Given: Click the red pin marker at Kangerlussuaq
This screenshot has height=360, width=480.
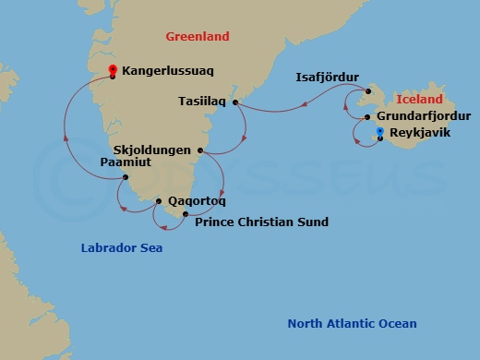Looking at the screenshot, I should coord(113,70).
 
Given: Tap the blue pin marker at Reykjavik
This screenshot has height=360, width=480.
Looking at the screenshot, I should coord(379,133).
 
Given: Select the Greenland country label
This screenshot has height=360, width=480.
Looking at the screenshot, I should coord(197,37).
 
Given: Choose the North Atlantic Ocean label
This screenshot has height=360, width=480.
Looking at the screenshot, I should coord(352,323).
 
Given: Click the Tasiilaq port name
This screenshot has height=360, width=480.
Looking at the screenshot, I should coord(201,103).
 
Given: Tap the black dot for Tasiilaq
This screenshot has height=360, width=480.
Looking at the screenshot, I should coord(236,102).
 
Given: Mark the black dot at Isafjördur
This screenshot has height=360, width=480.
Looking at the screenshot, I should coord(366,90).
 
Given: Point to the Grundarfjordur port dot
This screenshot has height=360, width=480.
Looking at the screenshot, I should coord(367,118).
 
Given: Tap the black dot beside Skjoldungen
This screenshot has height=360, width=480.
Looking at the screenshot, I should coord(199,150).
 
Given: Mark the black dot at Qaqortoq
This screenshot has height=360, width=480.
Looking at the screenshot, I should coord(160,200).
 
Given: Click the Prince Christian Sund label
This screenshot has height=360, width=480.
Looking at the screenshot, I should coord(261,222).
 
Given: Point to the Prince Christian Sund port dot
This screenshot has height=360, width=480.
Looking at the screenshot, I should coord(186,215).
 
